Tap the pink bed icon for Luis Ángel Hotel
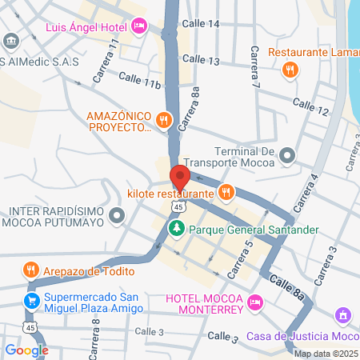coord(139,26)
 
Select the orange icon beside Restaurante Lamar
coord(290,70)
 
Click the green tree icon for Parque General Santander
coord(177,230)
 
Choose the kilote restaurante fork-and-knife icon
coord(226,192)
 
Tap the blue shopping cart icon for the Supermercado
coord(30,302)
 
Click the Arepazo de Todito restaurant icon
coord(31,269)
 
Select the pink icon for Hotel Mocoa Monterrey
coord(254,302)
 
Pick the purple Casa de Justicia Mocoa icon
coord(342,317)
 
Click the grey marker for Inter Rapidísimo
coord(118,216)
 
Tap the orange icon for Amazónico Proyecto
coord(164,121)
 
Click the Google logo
coord(26,350)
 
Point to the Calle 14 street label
coord(201,24)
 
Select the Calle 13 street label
coord(201,59)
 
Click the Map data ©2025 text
coord(326,354)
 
